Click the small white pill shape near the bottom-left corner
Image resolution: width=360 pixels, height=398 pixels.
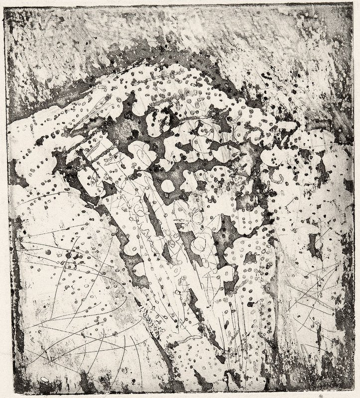(45, 380)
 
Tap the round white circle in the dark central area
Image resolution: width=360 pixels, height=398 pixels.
(168, 186)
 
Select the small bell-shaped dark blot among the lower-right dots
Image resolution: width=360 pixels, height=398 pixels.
(251, 303)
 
